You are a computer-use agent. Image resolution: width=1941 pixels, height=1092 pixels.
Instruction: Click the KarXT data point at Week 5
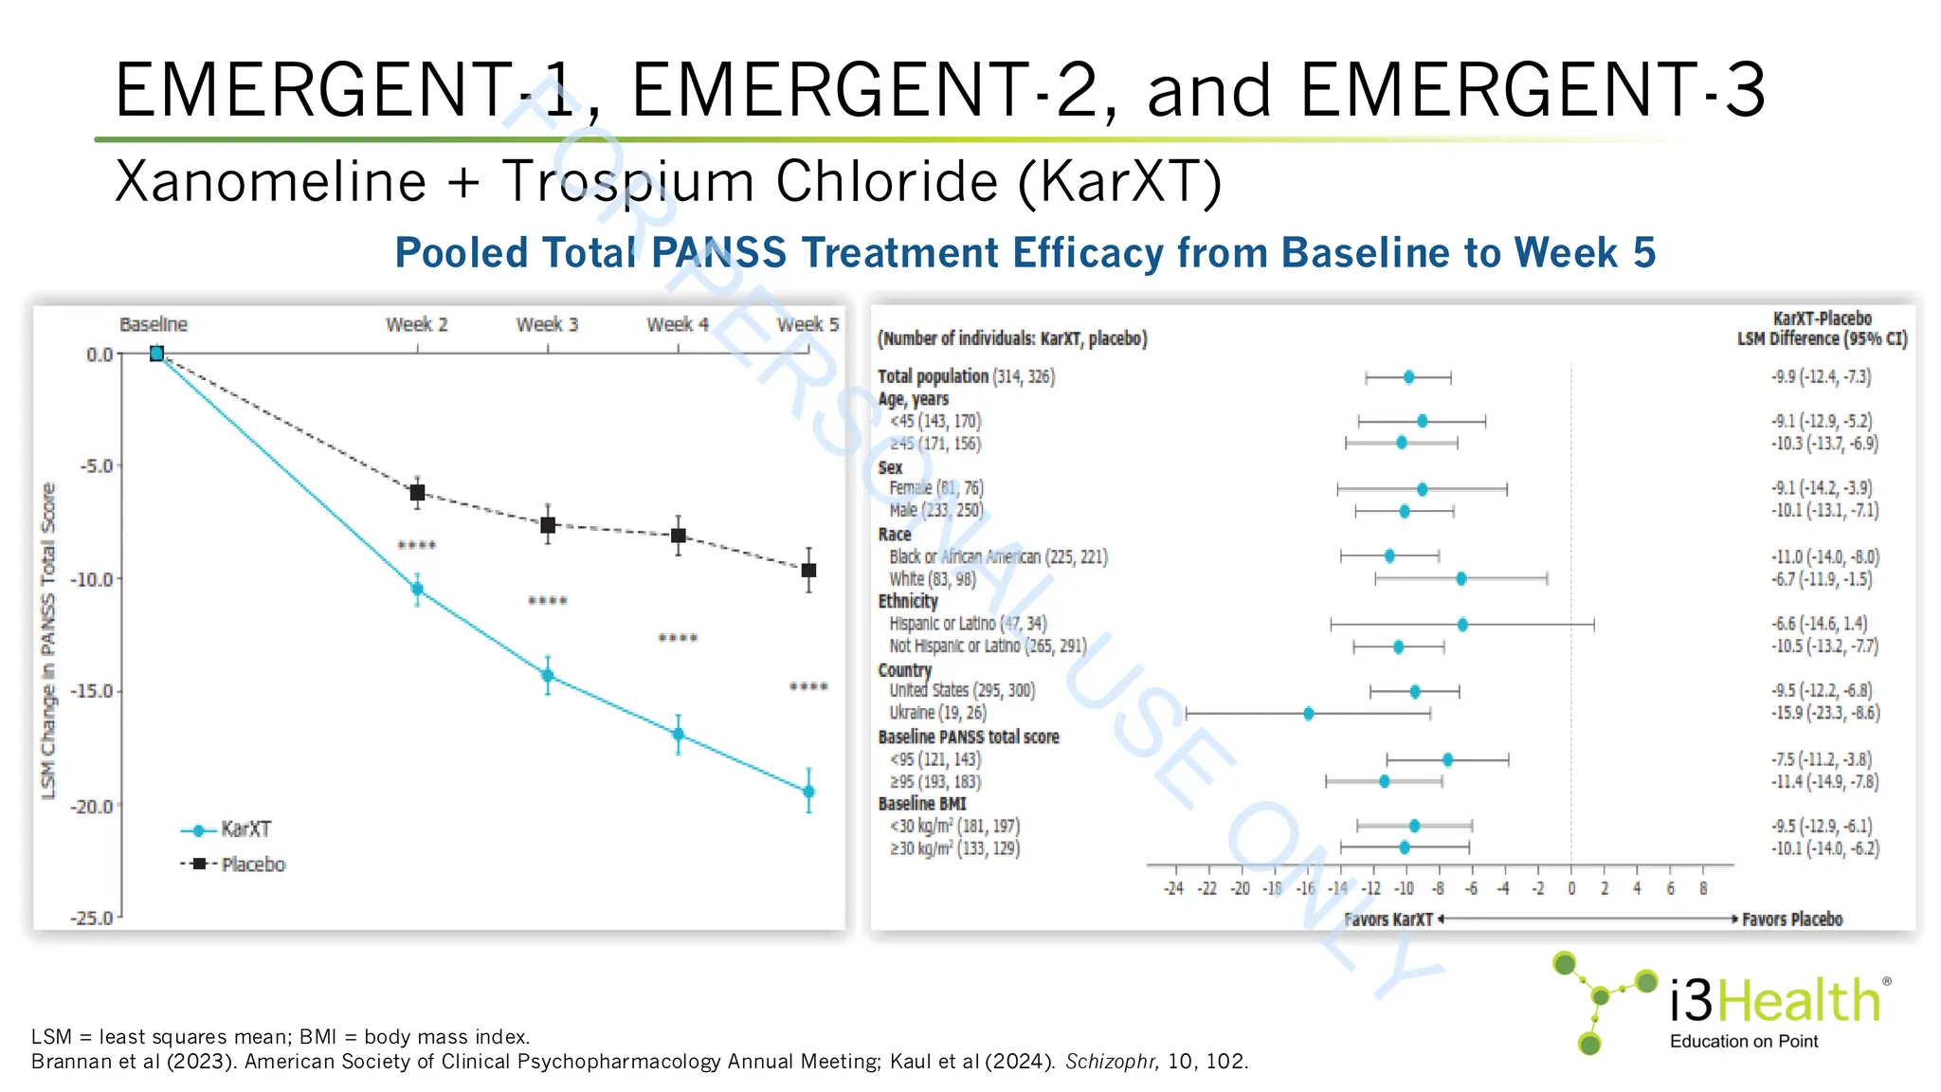point(808,791)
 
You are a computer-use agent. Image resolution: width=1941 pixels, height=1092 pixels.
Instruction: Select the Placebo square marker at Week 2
point(417,493)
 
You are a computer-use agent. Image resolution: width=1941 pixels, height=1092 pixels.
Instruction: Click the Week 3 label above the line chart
point(547,324)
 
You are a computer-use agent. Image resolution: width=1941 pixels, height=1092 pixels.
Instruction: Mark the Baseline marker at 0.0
point(157,354)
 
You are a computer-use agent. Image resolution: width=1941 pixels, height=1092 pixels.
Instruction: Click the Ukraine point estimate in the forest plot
point(1308,713)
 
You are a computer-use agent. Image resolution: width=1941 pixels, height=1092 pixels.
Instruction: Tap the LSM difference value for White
point(1821,579)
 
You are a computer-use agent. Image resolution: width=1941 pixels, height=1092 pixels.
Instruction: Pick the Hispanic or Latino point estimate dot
point(1462,625)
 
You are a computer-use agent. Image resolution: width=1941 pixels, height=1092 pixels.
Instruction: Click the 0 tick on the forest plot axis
point(1570,888)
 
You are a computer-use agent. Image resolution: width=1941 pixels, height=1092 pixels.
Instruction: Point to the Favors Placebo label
point(1791,919)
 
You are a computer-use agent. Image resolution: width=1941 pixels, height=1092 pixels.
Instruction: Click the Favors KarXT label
point(1388,919)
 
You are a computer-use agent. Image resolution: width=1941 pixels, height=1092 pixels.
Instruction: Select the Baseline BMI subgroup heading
point(922,804)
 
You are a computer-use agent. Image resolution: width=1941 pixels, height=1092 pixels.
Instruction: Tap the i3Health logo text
point(1774,1001)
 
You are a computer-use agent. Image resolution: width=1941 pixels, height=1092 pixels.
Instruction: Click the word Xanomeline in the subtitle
point(271,181)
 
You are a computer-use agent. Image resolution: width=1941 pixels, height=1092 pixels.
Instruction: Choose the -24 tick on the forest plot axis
point(1173,888)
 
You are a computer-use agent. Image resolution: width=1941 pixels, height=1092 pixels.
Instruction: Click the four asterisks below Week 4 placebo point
point(678,638)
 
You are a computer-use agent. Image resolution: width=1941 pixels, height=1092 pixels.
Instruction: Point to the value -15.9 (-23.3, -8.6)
point(1824,713)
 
